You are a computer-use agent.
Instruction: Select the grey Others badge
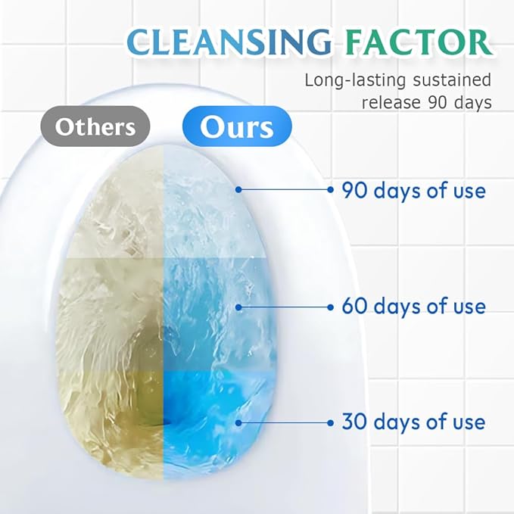point(95,126)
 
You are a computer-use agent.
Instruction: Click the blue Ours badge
point(237,126)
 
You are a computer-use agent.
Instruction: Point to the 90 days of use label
point(413,190)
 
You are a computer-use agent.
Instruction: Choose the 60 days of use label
point(413,307)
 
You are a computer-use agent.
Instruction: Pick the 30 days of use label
point(413,422)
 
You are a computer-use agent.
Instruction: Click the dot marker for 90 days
point(238,190)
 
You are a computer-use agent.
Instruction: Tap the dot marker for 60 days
point(238,307)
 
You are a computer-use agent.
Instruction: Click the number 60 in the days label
point(354,307)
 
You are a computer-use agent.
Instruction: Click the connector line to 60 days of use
point(284,307)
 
